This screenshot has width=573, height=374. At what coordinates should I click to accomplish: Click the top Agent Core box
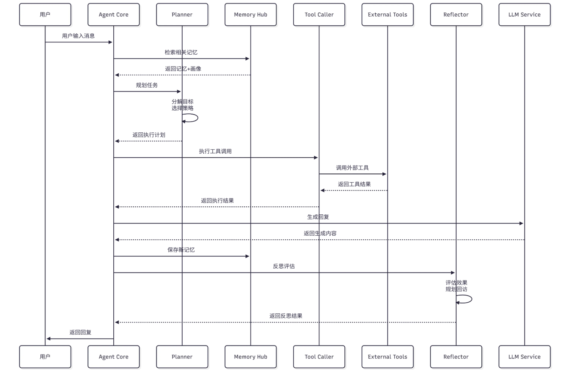point(114,15)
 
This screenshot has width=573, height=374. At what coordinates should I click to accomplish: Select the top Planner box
point(182,15)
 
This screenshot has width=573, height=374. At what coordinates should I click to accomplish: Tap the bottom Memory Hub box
point(250,357)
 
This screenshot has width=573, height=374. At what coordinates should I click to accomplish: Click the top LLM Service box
point(524,15)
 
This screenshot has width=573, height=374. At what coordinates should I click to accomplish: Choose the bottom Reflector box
point(456,357)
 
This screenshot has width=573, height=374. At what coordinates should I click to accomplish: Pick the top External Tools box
point(387,15)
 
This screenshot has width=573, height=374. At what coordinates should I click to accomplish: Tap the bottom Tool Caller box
point(319,357)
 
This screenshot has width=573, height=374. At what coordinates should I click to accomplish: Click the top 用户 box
point(45,15)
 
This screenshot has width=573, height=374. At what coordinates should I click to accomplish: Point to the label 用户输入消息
point(78,36)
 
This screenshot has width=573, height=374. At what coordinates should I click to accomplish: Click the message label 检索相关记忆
point(181,52)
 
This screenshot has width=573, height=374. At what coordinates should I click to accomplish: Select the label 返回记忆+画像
point(183,69)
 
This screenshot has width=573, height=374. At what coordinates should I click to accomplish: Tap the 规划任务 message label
point(147,85)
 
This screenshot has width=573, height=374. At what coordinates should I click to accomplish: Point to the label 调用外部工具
point(352,168)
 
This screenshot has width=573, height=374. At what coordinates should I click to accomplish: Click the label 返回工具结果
point(354,184)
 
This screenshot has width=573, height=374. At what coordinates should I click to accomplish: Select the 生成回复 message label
point(318,217)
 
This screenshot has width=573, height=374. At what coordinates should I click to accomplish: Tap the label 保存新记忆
point(181,250)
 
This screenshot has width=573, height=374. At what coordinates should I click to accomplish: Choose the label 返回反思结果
point(286,316)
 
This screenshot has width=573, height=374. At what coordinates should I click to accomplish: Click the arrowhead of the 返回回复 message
point(48,339)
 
